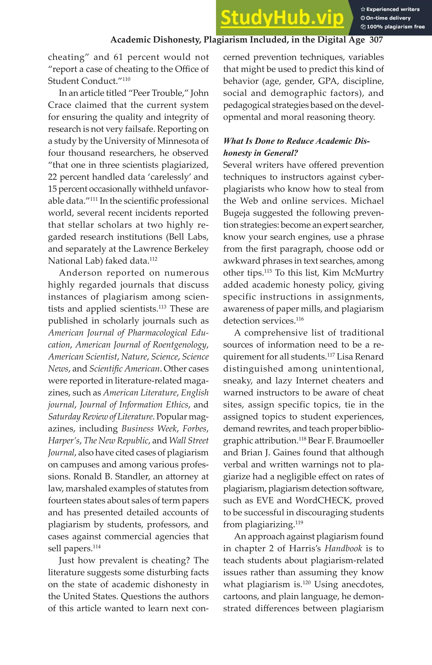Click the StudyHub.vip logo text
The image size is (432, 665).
[282, 18]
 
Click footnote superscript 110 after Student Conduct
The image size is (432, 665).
[126, 79]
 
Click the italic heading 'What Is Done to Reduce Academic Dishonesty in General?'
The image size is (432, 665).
[296, 147]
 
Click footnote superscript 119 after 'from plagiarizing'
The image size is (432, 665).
[299, 522]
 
